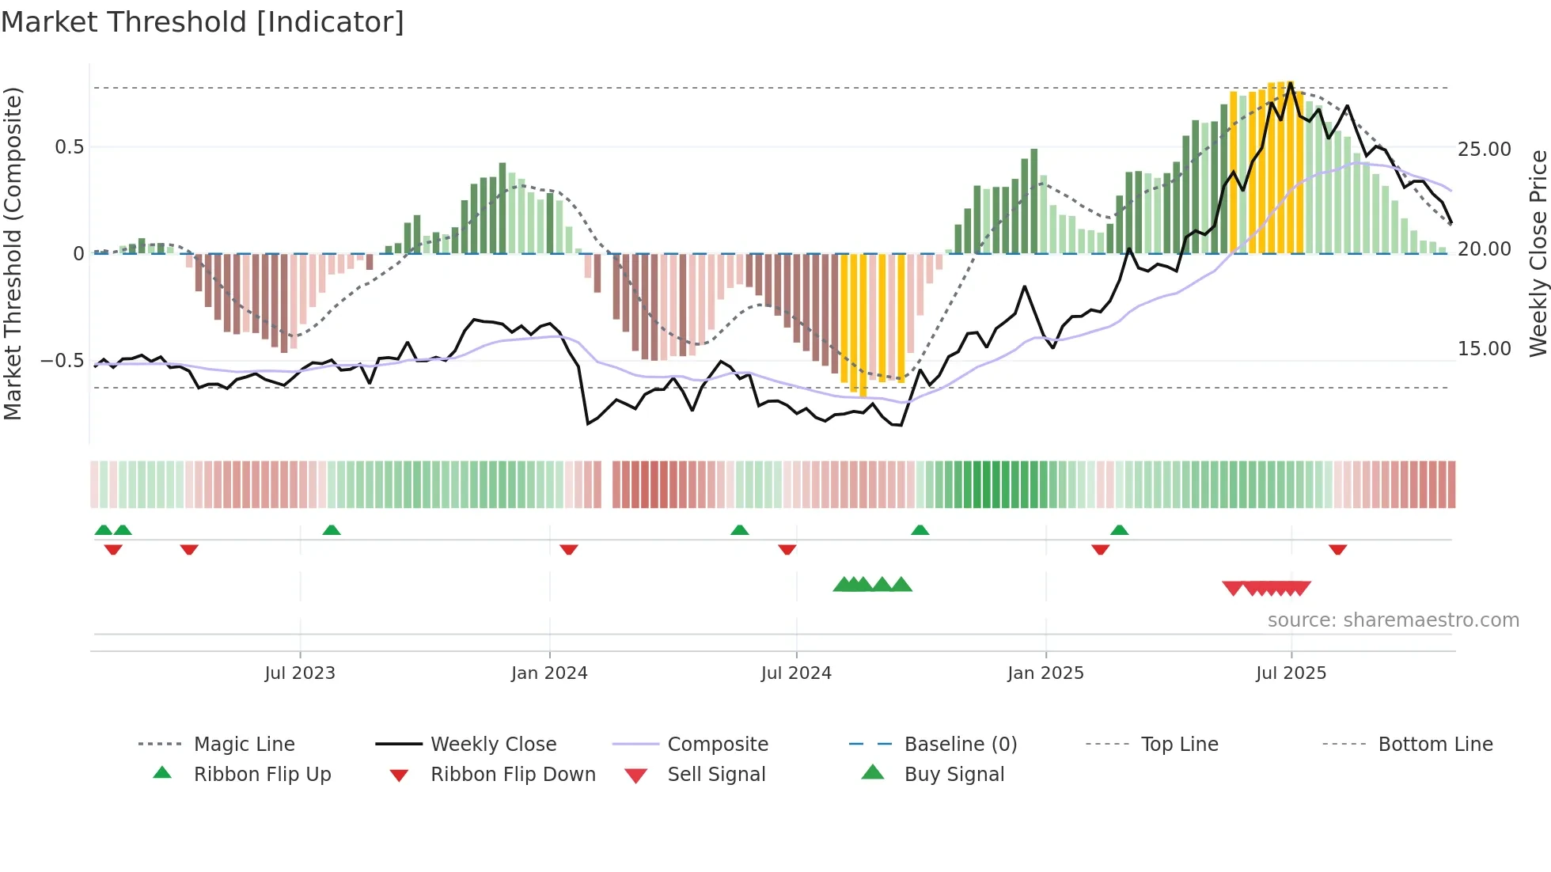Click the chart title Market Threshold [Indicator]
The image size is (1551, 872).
point(203,22)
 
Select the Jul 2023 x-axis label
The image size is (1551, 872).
point(300,673)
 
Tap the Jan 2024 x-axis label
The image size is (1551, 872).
point(549,673)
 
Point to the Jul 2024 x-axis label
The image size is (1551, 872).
point(796,673)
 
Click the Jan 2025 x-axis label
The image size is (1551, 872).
point(1045,673)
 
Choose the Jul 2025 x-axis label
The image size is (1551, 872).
point(1291,673)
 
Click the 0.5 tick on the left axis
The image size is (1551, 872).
point(70,147)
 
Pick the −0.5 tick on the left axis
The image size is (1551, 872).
point(63,361)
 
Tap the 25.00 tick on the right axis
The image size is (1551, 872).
point(1484,150)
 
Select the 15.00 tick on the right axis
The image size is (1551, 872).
point(1484,349)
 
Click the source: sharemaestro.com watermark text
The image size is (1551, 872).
point(1393,620)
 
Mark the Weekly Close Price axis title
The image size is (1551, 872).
point(1538,253)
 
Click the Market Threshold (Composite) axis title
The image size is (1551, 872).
point(13,253)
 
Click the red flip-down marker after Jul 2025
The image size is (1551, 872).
point(1337,550)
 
